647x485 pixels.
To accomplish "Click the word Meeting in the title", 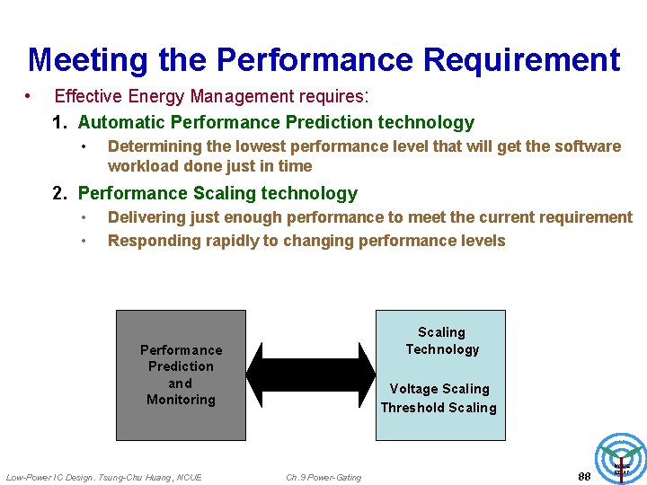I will [x=88, y=60].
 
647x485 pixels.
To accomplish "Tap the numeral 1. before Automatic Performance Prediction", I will [x=61, y=122].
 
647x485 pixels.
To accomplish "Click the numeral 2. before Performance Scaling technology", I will [x=61, y=193].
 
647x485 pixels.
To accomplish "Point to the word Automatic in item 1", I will [x=120, y=122].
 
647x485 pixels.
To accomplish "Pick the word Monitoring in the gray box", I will [x=181, y=400].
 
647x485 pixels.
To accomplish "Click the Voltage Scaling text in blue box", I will [x=439, y=388].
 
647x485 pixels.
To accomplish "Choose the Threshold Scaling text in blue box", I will [x=439, y=407].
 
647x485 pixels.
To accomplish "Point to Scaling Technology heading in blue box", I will [x=441, y=340].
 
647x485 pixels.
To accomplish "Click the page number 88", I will [x=584, y=476].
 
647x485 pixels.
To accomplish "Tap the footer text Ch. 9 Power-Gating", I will [x=323, y=477].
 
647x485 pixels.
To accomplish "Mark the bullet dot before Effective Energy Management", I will [x=30, y=96].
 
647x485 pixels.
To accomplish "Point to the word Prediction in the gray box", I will [x=181, y=366].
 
